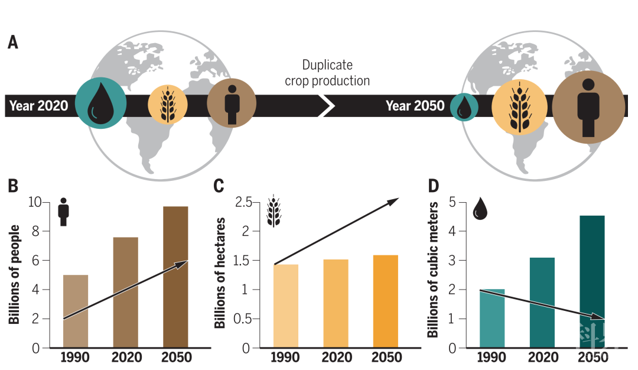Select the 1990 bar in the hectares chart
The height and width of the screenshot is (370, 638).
[286, 306]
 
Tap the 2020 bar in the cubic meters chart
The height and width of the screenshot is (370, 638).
[542, 302]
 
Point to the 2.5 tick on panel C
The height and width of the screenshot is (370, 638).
[243, 203]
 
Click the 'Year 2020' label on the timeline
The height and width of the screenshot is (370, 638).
[38, 106]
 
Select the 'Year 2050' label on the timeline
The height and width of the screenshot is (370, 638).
[415, 106]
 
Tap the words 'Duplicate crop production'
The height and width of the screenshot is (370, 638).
[327, 73]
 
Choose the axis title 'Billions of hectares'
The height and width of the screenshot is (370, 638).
[220, 272]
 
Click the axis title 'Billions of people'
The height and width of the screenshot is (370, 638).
[14, 274]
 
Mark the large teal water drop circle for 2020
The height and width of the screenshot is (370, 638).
[100, 104]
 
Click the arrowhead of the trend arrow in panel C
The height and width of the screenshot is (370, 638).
[393, 202]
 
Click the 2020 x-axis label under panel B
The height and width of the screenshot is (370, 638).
[126, 358]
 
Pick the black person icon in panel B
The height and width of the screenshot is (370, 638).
[63, 212]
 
